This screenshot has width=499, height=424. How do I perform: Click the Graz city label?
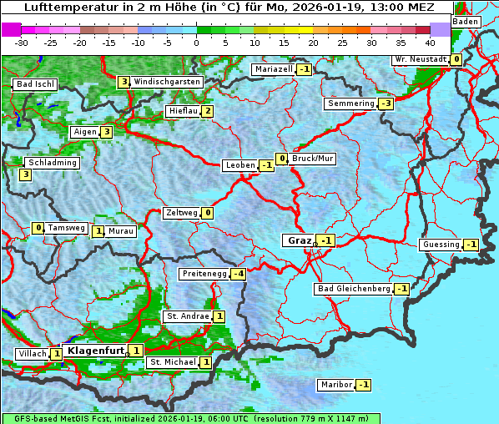[x=299, y=240]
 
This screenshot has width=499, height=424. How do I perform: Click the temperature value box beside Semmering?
[x=386, y=103]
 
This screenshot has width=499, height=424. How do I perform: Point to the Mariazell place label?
[x=274, y=69]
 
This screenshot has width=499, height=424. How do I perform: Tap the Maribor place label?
[x=335, y=385]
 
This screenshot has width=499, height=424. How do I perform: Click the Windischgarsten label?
[x=167, y=82]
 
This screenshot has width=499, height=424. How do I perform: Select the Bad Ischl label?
[x=36, y=84]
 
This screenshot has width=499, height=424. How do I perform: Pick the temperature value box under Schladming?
[x=26, y=174]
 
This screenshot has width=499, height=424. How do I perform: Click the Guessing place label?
[x=441, y=245]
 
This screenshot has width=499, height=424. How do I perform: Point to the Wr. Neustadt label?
[x=421, y=59]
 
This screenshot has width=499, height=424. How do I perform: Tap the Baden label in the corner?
[x=466, y=22]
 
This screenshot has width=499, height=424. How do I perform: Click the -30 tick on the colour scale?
[x=22, y=43]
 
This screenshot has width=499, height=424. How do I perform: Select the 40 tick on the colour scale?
[x=430, y=43]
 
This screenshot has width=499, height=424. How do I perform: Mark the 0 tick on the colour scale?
[x=197, y=43]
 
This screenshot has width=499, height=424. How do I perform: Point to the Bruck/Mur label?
[x=313, y=159]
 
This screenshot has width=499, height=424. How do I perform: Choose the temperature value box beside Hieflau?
[x=207, y=111]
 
